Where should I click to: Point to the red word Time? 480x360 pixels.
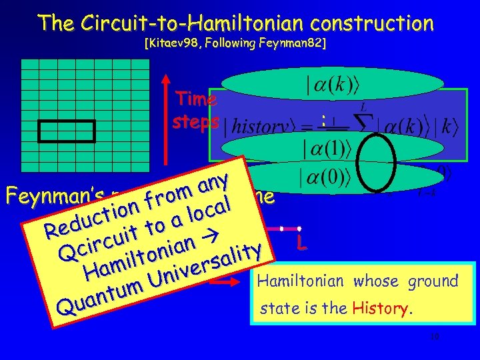(195, 99)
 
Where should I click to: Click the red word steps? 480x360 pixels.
(195, 122)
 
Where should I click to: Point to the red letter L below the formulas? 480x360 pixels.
(303, 246)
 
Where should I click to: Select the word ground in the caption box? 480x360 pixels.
(433, 281)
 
